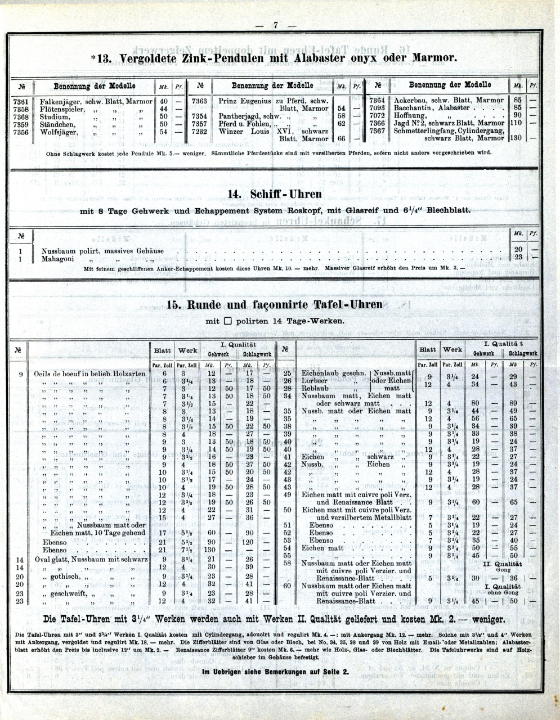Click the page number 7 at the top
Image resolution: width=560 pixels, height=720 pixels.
coord(276,25)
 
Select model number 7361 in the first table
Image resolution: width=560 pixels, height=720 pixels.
coord(21,102)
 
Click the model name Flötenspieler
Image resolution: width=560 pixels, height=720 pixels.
coord(62,109)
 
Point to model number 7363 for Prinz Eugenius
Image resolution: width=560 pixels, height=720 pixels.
coord(200,101)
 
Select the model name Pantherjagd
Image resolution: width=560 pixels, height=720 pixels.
coord(239,116)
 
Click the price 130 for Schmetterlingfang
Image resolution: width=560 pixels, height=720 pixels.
coord(516,138)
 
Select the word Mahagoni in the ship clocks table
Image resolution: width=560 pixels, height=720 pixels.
coord(58,259)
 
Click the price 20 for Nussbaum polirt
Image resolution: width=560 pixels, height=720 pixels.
coord(518,249)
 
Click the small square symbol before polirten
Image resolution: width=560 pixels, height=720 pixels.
coord(227,322)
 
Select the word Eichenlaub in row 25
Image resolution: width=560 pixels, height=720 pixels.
coord(322,373)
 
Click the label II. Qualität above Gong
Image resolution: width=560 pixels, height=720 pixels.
coord(503,563)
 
